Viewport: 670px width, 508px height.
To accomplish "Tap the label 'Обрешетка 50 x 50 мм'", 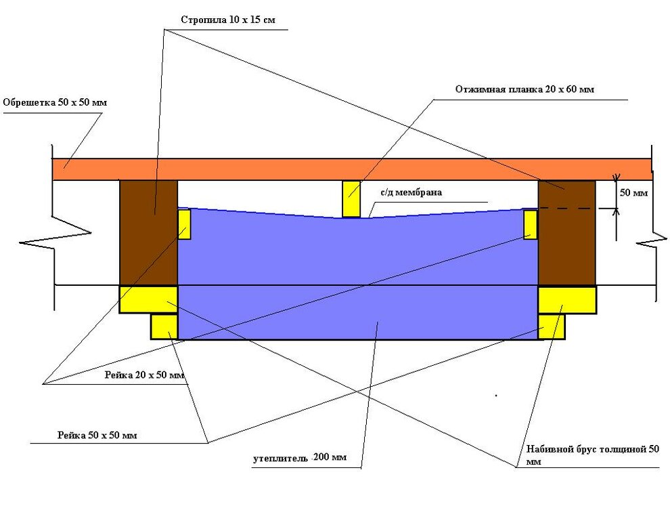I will coord(55,103).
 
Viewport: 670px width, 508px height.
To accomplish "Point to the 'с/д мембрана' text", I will coord(411,193).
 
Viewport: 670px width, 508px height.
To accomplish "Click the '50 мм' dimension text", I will coord(634,193).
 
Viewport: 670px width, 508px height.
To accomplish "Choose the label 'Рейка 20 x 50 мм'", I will coord(144,375).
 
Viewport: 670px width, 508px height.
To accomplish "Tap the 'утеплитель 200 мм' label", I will coord(300,458).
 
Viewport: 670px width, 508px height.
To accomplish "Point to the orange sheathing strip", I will coord(352,169).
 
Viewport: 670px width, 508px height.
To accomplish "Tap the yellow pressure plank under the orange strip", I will coord(351,198).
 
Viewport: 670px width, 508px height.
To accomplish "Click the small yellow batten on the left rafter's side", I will coord(184,224).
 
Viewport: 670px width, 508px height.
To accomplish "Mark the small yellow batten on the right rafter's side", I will coord(531,224).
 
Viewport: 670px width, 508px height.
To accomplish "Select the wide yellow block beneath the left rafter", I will coord(148,299).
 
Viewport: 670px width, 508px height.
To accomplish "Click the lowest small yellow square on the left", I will coord(164,326).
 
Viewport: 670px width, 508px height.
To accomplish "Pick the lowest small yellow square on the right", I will coord(552,326).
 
